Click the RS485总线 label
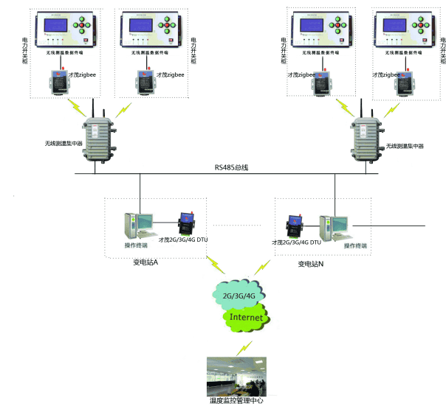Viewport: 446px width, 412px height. [x=231, y=168]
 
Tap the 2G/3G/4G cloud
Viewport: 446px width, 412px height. [x=239, y=296]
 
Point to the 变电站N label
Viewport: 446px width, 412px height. [x=312, y=263]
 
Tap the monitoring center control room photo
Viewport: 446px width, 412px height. [x=236, y=376]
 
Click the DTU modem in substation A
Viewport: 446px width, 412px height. [x=187, y=223]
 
